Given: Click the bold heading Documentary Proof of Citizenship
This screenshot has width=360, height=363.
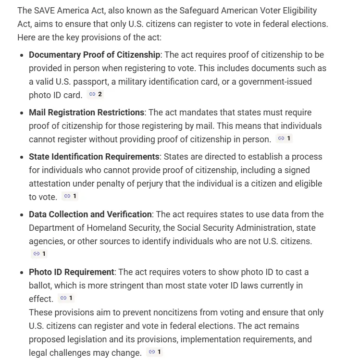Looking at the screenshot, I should (x=94, y=55).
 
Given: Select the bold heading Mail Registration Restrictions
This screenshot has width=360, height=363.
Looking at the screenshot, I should (x=87, y=113).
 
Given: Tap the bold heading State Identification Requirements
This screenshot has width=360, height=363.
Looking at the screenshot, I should (x=94, y=157).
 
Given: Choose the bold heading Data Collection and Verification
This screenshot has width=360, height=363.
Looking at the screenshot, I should (x=90, y=214).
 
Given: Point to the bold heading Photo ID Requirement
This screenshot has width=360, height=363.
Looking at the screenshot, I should (x=72, y=272).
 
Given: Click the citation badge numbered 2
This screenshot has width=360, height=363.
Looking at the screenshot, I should (x=96, y=94).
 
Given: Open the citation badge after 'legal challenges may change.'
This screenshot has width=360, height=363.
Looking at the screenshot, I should (x=155, y=352).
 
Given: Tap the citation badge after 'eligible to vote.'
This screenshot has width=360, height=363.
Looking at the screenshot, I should (x=70, y=196).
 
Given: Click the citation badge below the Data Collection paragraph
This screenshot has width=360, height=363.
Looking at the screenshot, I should (x=39, y=254).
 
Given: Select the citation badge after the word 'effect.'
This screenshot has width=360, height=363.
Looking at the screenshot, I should (x=66, y=298).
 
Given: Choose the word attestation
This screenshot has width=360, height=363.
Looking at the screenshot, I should (x=50, y=184).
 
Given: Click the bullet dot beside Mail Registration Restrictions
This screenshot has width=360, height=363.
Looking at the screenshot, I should (x=22, y=113).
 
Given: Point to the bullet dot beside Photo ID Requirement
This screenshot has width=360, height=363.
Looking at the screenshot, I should (x=22, y=273).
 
